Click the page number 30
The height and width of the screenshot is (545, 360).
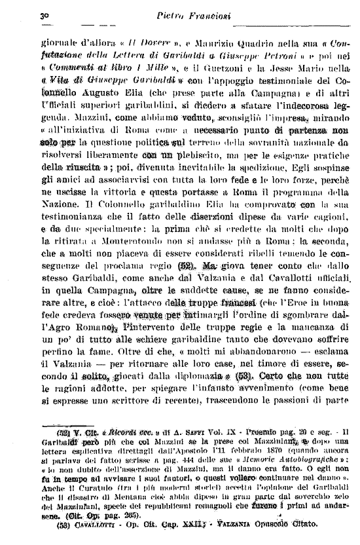[x=26, y=14]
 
